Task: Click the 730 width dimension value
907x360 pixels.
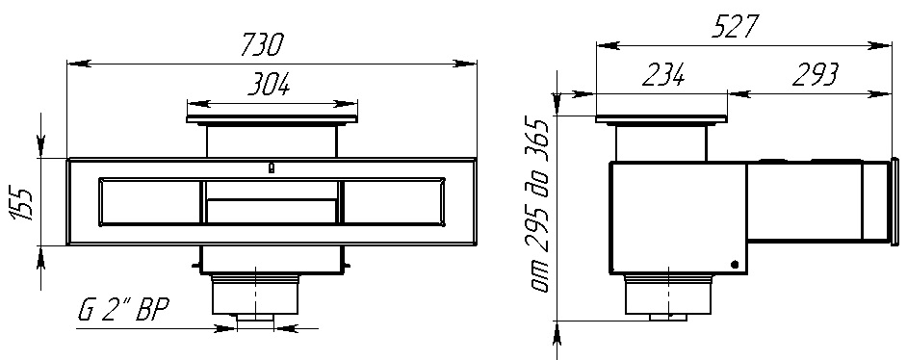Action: pos(262,44)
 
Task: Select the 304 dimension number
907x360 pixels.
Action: pos(269,86)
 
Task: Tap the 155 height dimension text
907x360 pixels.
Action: pos(22,201)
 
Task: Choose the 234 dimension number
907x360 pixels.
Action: pos(663,75)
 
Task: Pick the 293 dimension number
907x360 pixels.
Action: pos(815,75)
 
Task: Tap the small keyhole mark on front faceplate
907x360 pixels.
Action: pos(271,168)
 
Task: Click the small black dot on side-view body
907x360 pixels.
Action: pos(735,264)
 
